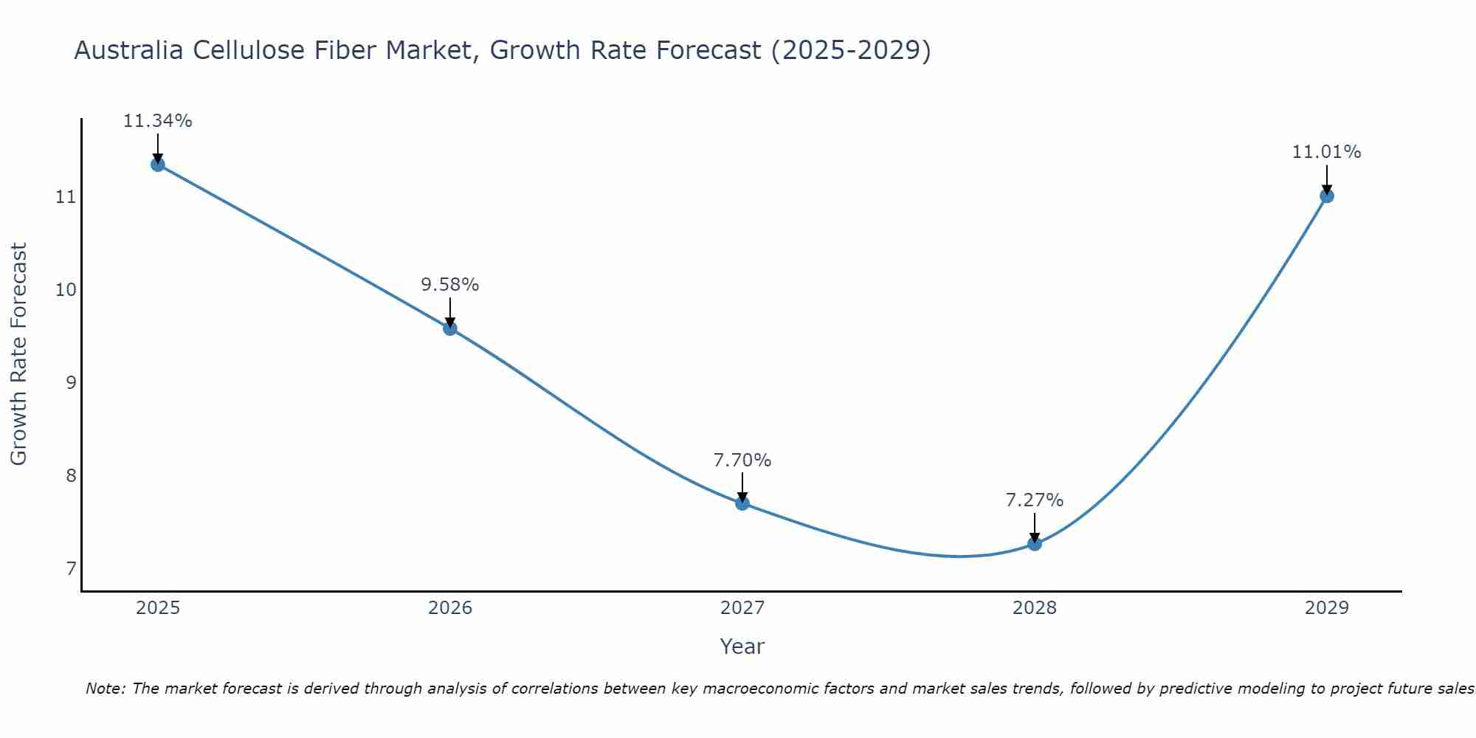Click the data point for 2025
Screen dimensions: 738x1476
[x=157, y=164]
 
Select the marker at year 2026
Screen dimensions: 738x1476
[x=449, y=328]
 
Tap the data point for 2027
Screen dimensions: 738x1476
[x=742, y=503]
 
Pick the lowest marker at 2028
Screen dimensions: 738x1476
[x=1034, y=544]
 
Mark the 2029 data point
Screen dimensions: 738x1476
[x=1326, y=196]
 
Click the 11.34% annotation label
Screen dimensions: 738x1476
[x=157, y=121]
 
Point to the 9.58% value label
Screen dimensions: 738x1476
[x=449, y=285]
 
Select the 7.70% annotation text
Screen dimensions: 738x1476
[x=742, y=461]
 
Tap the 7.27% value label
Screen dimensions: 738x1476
[x=1034, y=500]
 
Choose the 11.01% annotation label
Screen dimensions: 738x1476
[x=1326, y=152]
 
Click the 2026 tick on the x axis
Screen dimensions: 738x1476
[x=449, y=608]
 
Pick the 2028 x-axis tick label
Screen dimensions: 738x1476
[x=1034, y=608]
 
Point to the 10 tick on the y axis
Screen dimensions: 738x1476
[x=66, y=289]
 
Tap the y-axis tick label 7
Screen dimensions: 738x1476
[x=71, y=568]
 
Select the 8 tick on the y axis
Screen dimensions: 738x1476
[x=71, y=475]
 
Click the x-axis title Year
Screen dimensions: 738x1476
[x=742, y=646]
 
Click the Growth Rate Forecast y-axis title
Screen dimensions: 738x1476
[x=18, y=354]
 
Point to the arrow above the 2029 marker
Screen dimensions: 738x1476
[x=1326, y=178]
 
